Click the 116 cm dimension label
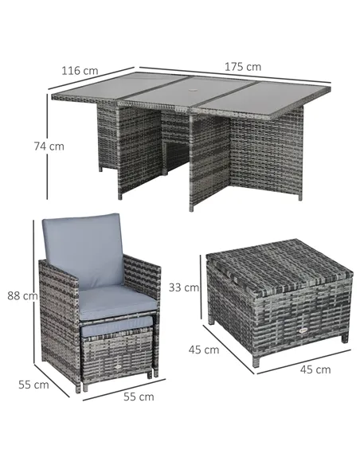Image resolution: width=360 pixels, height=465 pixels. coord(80,71)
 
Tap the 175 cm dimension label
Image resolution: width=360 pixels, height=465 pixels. coord(243,67)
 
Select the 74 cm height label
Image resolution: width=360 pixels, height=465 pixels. coord(49,147)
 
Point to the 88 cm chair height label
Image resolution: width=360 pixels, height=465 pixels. coord(23,295)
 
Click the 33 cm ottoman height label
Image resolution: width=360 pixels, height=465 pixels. coord(184,287)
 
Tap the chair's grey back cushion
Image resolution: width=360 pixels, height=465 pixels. coord(83,251)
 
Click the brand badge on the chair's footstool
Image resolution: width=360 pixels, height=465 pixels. coord(118,367)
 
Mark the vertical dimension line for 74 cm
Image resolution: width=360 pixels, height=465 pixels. coord(47,147)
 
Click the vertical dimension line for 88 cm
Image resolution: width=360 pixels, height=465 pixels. coord(33,291)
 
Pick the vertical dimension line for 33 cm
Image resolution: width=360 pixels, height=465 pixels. coord(202,287)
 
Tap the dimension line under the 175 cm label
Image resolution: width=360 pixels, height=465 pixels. coord(235,75)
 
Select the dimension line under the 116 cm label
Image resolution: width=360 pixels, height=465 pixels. coord(92,78)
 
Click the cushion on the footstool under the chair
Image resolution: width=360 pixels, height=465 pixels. coord(115,325)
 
